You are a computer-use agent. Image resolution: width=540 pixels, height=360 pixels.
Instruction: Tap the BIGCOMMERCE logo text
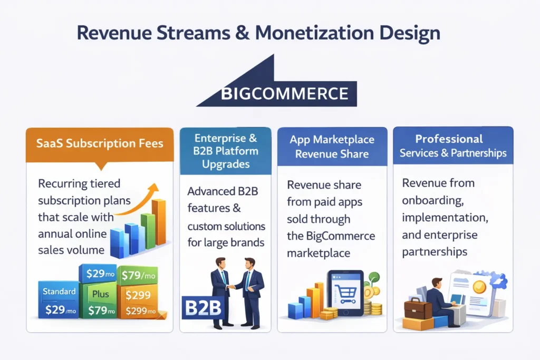(x=285, y=94)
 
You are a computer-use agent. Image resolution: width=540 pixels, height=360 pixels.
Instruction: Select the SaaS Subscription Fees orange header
(x=100, y=143)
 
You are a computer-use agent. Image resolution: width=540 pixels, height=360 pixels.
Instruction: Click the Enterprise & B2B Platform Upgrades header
(x=225, y=151)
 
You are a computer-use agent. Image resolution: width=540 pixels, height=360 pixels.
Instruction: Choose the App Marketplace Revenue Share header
(x=332, y=147)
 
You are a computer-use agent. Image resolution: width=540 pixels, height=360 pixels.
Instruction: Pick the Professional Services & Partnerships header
(x=452, y=146)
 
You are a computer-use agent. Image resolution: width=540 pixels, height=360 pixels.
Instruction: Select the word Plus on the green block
(x=100, y=293)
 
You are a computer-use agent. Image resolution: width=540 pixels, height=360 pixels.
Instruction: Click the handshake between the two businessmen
(x=230, y=287)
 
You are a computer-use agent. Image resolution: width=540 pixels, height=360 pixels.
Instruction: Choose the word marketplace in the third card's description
(x=318, y=253)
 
